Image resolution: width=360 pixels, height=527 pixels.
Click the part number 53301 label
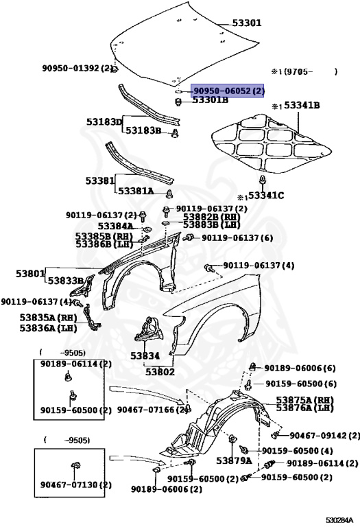point(246,23)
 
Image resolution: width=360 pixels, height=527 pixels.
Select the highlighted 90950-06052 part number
point(228,91)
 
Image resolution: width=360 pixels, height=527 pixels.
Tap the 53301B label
point(211,100)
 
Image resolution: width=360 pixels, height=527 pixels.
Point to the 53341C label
point(265,196)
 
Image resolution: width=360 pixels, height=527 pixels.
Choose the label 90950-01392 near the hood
point(77,69)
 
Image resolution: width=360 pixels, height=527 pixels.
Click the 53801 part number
point(31,272)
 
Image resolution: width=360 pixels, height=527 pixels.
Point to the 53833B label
point(66,280)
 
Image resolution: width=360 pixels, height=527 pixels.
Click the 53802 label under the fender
point(159,372)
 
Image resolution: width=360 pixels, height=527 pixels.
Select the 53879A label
point(234,460)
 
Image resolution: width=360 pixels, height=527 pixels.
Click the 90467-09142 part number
point(324,436)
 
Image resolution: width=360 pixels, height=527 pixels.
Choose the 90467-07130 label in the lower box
point(75,485)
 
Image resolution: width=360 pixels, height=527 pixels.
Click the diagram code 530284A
point(340,519)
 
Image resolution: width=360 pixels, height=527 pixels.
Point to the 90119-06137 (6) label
point(237,237)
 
